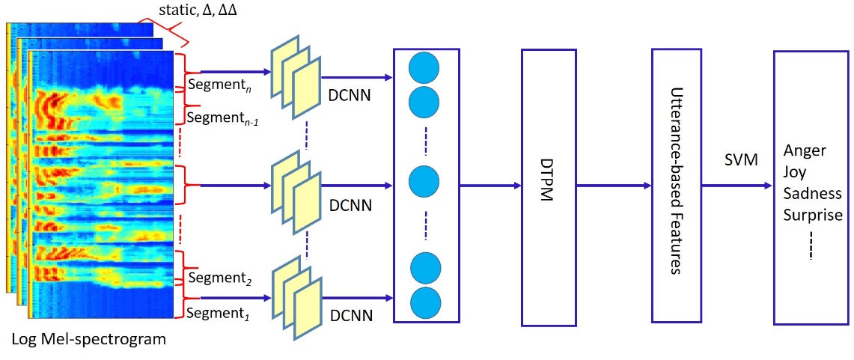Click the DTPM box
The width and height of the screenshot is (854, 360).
[549, 187]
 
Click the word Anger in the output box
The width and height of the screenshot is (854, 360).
[805, 150]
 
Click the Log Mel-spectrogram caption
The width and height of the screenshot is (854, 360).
[88, 340]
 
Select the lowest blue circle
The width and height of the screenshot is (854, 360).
[424, 301]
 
